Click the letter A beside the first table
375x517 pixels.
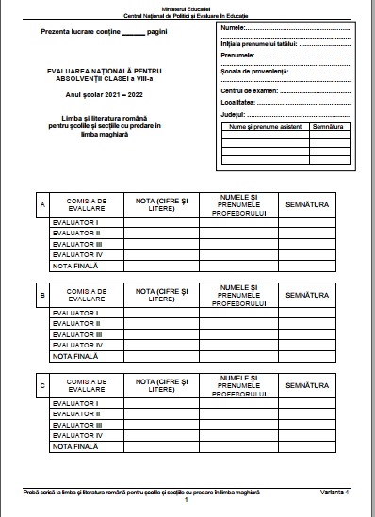tap(41, 204)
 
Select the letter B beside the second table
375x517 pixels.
tap(41, 294)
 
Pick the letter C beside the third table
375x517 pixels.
tap(41, 384)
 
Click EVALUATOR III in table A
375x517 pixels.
tap(77, 244)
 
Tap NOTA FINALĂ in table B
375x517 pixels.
tap(75, 357)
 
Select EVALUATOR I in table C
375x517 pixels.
tap(75, 403)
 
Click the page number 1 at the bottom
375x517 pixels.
tap(187, 500)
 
